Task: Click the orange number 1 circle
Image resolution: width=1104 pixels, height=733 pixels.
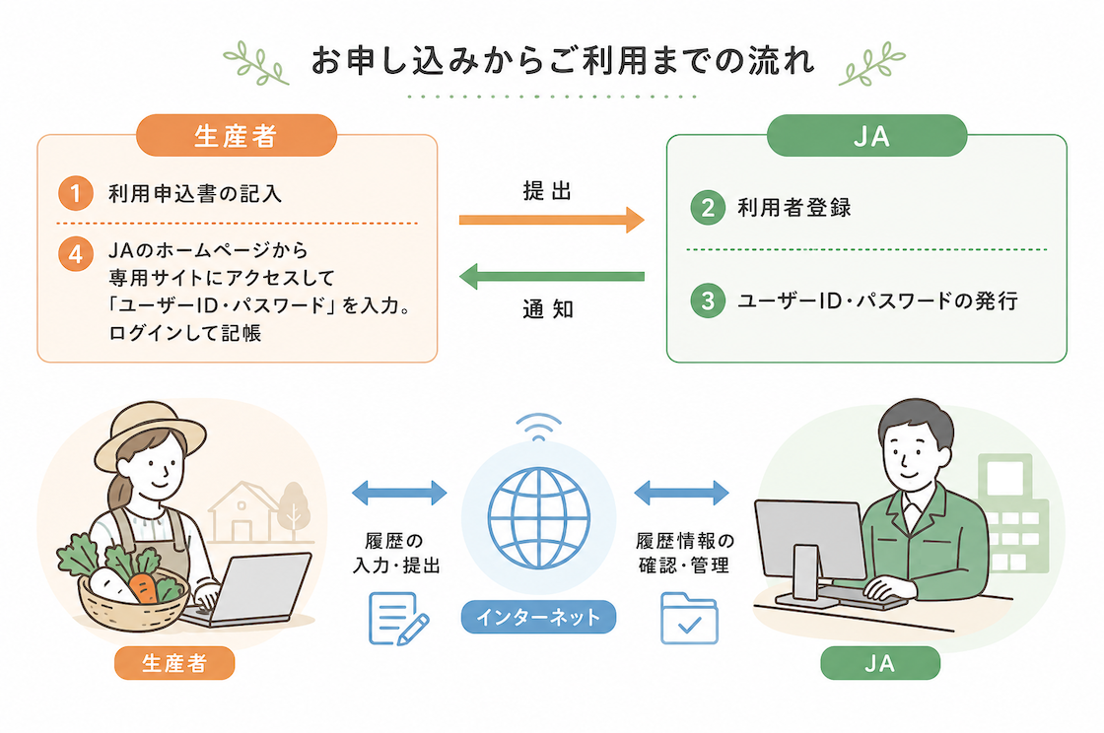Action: point(75,193)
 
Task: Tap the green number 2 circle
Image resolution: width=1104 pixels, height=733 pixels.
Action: point(708,208)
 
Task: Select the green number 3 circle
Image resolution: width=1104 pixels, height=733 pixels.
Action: point(708,300)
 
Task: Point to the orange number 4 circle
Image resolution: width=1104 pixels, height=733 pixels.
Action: point(75,253)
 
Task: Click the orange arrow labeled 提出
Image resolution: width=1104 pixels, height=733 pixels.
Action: point(551,220)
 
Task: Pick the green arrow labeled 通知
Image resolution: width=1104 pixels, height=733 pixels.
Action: point(551,277)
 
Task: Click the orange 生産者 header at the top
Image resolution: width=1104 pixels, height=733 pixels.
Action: point(237,135)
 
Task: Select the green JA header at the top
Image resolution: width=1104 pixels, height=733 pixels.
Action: point(866,135)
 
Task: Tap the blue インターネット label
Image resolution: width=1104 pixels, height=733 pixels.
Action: point(538,617)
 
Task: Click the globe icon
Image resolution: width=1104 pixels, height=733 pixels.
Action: point(538,518)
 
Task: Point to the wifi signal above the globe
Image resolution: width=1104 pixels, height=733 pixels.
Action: point(538,427)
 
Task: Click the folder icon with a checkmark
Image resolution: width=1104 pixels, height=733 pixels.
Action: point(689,619)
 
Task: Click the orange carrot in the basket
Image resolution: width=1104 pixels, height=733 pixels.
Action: point(144,588)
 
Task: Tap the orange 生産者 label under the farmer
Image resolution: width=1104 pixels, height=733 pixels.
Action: point(174,663)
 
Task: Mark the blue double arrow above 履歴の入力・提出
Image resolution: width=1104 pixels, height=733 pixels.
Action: point(399,493)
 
